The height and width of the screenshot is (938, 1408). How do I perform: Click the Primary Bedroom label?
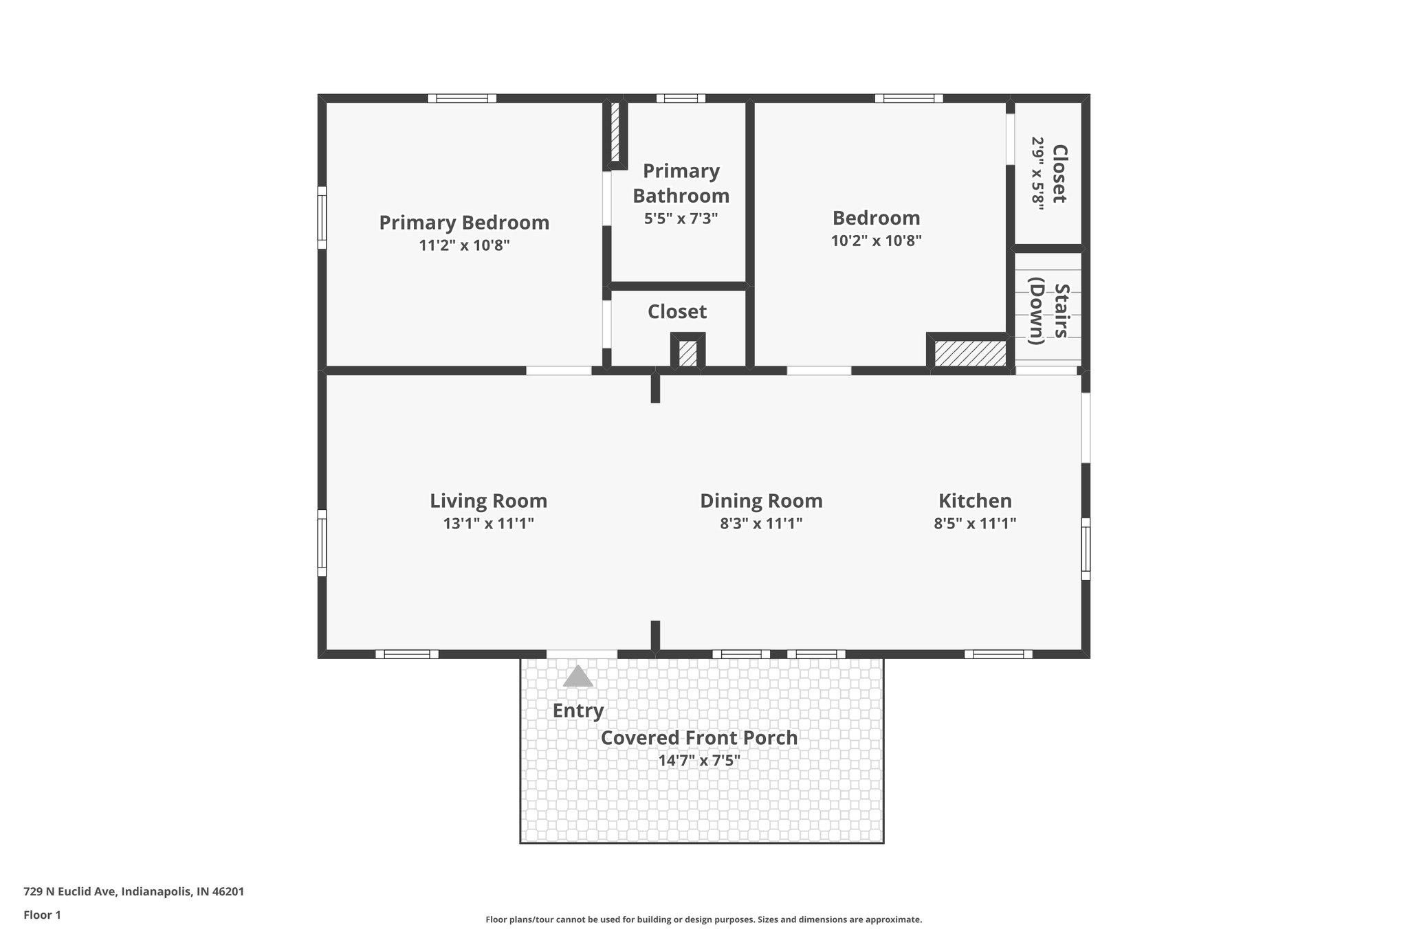pyautogui.click(x=464, y=223)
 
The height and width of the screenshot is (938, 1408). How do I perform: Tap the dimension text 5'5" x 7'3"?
pyautogui.click(x=681, y=219)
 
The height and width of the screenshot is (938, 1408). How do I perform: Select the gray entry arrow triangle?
pyautogui.click(x=577, y=677)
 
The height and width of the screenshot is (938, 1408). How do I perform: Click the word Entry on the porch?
pyautogui.click(x=578, y=711)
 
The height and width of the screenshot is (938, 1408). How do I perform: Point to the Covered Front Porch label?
pyautogui.click(x=699, y=738)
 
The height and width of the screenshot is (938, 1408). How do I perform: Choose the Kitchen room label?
pyautogui.click(x=975, y=501)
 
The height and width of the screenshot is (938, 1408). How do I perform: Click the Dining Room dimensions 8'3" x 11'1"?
pyautogui.click(x=761, y=524)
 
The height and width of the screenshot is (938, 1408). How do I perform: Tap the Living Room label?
pyautogui.click(x=488, y=501)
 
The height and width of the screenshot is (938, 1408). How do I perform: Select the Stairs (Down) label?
pyautogui.click(x=1048, y=311)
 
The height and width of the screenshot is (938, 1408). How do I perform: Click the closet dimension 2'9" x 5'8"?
pyautogui.click(x=1037, y=174)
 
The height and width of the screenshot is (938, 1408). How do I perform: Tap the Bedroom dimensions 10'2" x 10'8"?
pyautogui.click(x=876, y=241)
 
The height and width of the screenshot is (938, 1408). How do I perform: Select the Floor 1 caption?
pyautogui.click(x=42, y=915)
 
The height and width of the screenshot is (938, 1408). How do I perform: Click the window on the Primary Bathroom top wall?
pyautogui.click(x=681, y=98)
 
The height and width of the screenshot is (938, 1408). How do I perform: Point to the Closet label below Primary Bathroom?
pyautogui.click(x=676, y=312)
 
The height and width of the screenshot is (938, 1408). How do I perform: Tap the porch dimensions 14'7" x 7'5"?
pyautogui.click(x=699, y=761)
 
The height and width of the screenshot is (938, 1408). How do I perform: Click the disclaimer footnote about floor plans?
pyautogui.click(x=703, y=919)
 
